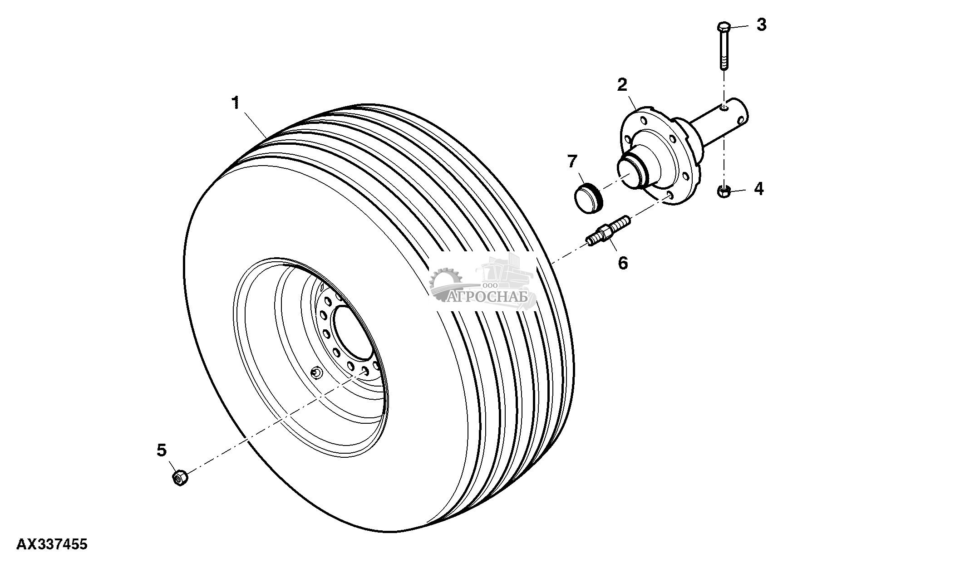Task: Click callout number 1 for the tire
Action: coord(235,103)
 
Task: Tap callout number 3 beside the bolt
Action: coord(761,24)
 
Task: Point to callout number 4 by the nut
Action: coord(758,189)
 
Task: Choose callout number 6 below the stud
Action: coord(623,262)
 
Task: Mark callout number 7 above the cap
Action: coord(572,161)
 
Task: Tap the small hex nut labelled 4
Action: coord(724,192)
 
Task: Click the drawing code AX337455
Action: coord(52,544)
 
